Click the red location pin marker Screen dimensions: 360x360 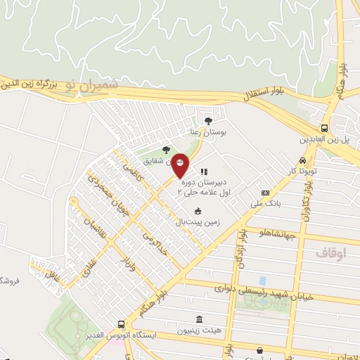pyautogui.click(x=180, y=163)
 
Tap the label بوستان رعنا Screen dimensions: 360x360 pyautogui.click(x=205, y=131)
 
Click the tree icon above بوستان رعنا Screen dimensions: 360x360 pyautogui.click(x=207, y=120)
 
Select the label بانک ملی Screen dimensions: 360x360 pyautogui.click(x=265, y=204)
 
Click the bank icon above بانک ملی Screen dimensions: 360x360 pyautogui.click(x=265, y=193)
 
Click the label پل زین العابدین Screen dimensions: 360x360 pyautogui.click(x=328, y=139)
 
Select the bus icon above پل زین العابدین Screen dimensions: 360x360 pyautogui.click(x=324, y=128)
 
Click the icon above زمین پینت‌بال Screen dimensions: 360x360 pyautogui.click(x=198, y=210)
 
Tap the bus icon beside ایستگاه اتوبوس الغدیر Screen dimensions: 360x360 pyautogui.click(x=122, y=325)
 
